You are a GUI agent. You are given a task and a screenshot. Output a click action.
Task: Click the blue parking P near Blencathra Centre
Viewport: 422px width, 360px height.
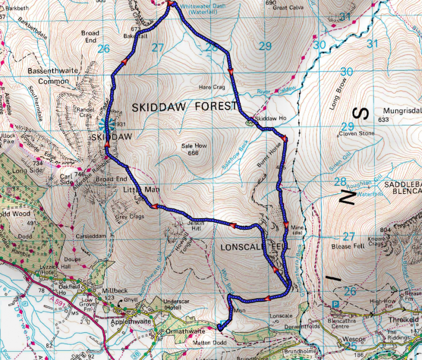coord(336,304)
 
